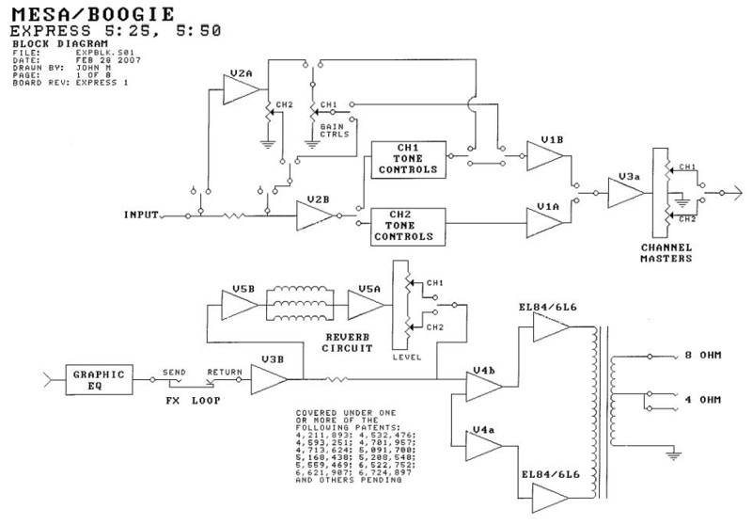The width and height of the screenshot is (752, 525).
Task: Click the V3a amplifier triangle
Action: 623,194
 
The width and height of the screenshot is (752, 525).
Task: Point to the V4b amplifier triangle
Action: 482,382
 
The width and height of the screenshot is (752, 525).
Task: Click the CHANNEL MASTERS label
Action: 666,251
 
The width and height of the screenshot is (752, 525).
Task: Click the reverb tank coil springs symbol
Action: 301,304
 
